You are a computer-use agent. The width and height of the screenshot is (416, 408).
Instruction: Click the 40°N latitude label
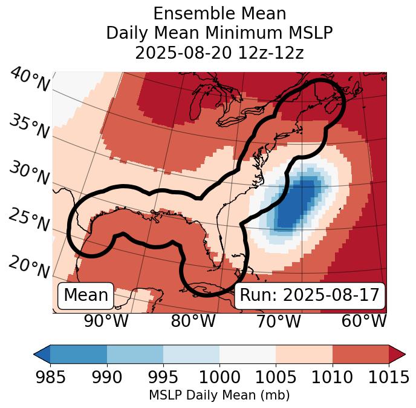30,80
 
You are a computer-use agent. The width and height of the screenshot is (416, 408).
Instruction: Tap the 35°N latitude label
28,127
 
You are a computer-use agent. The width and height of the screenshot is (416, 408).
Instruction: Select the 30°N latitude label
28,174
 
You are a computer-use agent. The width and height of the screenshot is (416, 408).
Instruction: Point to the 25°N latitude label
28,220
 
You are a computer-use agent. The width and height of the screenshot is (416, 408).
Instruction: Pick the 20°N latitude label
28,267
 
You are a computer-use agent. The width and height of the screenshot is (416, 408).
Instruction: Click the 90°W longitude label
106,321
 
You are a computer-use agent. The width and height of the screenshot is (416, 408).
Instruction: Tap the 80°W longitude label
193,321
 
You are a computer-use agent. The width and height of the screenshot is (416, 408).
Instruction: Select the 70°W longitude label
278,321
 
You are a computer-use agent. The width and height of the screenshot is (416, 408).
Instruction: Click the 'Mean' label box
86,295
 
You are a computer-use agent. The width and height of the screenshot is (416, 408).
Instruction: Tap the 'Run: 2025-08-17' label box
310,295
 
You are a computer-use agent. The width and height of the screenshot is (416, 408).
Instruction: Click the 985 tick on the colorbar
50,377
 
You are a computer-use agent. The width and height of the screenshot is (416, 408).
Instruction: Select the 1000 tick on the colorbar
219,377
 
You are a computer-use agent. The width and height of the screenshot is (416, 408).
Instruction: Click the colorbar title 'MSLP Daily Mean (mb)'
219,396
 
